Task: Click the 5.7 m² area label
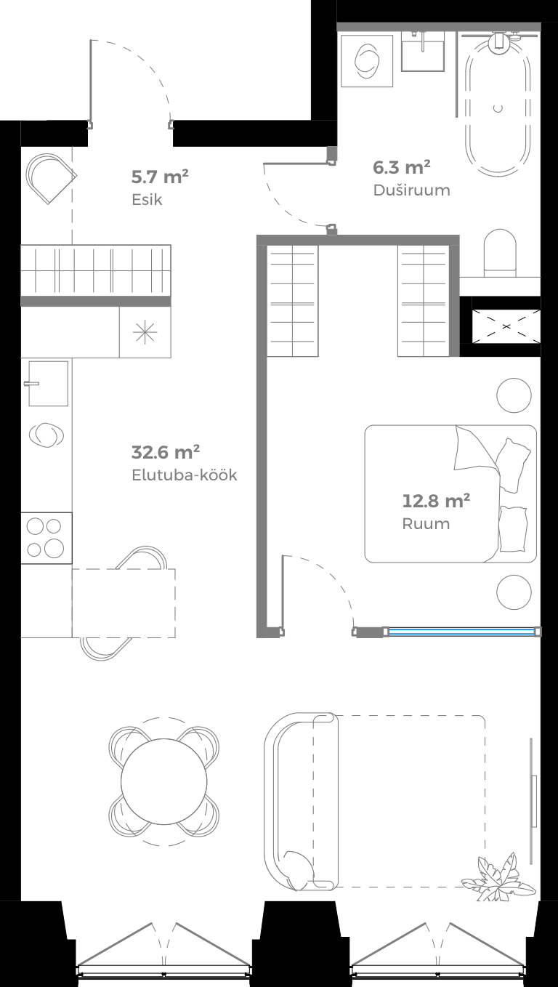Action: click(x=160, y=176)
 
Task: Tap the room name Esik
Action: click(x=147, y=199)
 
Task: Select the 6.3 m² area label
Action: click(x=402, y=167)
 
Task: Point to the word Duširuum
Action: click(x=411, y=190)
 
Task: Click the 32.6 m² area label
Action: click(x=166, y=452)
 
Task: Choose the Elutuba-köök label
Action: click(x=184, y=476)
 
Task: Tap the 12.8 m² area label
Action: click(x=436, y=501)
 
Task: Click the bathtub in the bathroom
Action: click(x=498, y=102)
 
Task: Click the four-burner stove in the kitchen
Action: click(x=46, y=537)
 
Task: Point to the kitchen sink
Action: click(x=48, y=383)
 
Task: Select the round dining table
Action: click(x=164, y=781)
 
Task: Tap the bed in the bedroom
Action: click(x=450, y=493)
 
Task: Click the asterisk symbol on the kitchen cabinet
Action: click(x=145, y=332)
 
